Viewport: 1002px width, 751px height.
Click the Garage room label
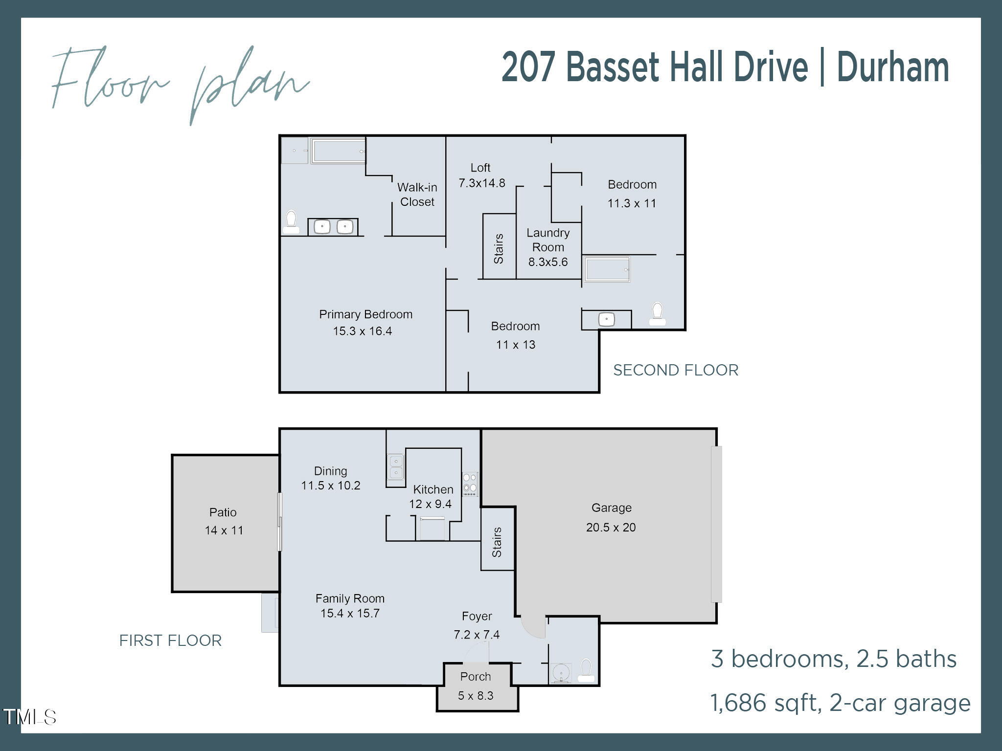[x=611, y=508]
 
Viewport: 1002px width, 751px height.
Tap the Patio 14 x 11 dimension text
[x=224, y=530]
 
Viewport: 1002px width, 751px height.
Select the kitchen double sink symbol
[x=395, y=466]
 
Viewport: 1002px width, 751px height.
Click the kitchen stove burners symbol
[x=470, y=484]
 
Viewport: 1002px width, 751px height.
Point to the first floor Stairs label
[x=497, y=542]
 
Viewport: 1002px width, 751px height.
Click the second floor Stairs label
[x=499, y=249]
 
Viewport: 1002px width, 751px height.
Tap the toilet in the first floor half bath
[x=586, y=670]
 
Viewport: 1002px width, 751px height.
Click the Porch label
[x=475, y=677]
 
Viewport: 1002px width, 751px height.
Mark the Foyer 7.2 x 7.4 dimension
[x=477, y=635]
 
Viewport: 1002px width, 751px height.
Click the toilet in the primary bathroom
[x=291, y=222]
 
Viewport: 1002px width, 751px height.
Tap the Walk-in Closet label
[x=417, y=195]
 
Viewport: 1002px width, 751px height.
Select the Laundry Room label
[x=548, y=240]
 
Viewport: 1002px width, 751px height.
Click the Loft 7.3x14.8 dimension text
[x=481, y=183]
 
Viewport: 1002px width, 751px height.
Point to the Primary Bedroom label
[x=365, y=314]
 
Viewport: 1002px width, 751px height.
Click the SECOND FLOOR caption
[x=675, y=370]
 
